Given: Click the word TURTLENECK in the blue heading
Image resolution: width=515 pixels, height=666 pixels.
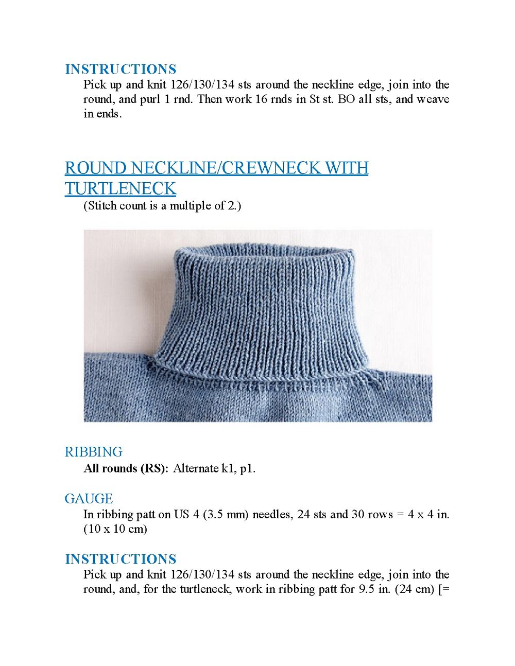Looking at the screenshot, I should click(x=121, y=189).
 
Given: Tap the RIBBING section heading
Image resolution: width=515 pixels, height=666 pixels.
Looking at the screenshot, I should click(x=93, y=452).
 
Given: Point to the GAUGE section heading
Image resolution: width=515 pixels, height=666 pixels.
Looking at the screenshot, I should click(x=89, y=499).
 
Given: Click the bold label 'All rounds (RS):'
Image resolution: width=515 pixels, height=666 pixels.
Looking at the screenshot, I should click(x=126, y=468).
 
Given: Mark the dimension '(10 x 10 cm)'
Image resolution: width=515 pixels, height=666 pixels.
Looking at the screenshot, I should click(x=115, y=529).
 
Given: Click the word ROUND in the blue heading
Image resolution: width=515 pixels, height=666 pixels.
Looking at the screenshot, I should click(x=96, y=168).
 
